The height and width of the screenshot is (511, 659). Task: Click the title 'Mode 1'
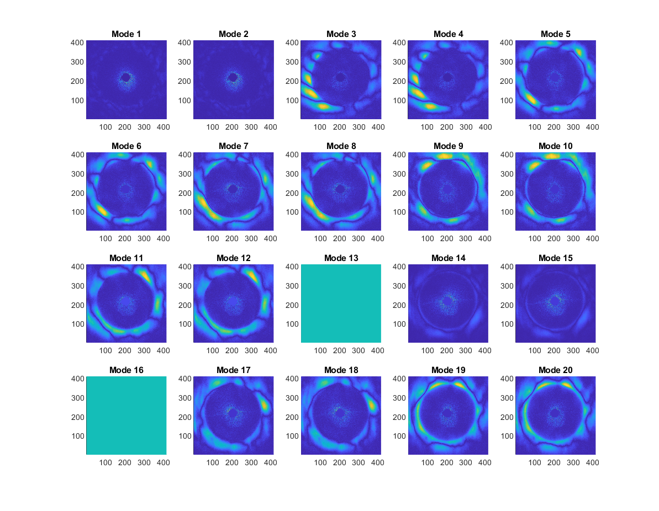[126, 34]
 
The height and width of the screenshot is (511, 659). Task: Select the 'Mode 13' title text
[341, 258]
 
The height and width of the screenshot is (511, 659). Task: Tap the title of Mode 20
[556, 370]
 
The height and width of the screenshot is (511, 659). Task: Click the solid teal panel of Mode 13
[341, 303]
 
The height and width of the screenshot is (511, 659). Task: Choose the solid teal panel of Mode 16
[126, 415]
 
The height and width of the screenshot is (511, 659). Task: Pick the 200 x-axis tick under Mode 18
[339, 462]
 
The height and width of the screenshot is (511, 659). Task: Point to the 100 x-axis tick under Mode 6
[106, 239]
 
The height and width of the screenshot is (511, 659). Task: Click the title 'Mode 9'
[448, 146]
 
